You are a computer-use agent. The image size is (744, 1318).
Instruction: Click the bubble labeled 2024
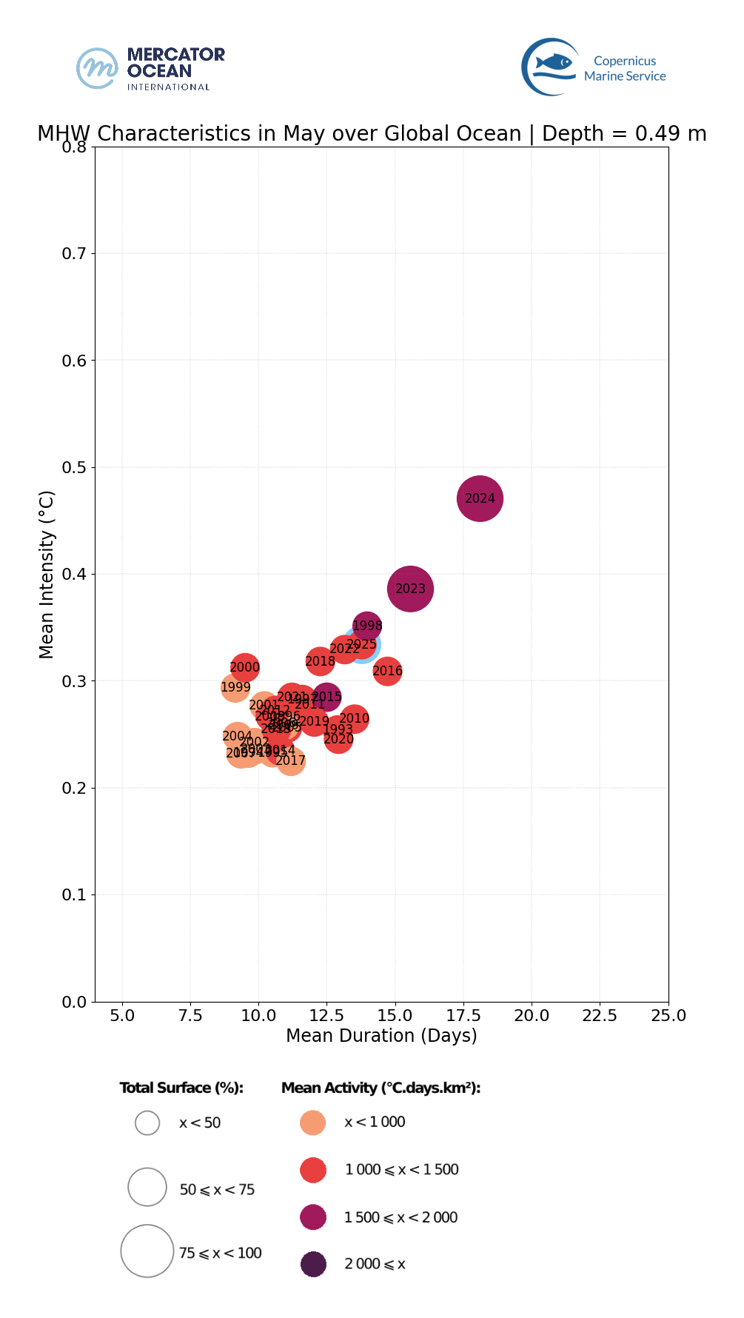coord(480,498)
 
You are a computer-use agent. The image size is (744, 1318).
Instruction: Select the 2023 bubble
coord(410,589)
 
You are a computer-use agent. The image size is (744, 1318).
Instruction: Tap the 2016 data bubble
coord(387,672)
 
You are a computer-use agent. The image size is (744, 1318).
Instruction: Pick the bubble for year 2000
coord(244,667)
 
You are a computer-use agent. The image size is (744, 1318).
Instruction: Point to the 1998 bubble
coord(367,626)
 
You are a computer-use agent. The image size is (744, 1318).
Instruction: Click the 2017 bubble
coord(291,760)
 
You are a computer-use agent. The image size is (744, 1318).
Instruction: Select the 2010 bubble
coord(355,718)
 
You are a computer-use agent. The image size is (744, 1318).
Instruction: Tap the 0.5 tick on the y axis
coord(73,467)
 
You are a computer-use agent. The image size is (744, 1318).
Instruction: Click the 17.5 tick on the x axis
coord(463,1015)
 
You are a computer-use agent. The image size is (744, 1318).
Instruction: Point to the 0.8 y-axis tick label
coord(73,147)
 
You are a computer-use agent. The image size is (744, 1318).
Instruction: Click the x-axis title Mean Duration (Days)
coord(381,1035)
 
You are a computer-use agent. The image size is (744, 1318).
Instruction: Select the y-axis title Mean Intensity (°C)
coord(47,574)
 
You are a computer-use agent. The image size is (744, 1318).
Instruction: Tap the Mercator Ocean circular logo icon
coord(98,68)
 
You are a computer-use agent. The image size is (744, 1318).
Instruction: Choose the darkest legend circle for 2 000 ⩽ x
coord(313,1264)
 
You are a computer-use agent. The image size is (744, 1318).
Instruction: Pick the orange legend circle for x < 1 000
coord(313,1123)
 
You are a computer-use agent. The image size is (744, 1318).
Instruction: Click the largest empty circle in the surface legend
coord(147,1251)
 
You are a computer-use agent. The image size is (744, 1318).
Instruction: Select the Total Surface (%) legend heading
coord(181,1088)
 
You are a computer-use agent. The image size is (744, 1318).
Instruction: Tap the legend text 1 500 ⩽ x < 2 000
coord(401,1217)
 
